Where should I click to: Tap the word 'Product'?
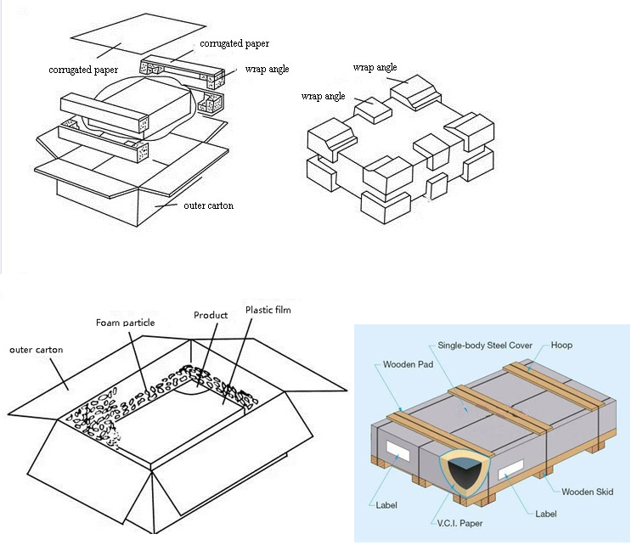click(x=211, y=315)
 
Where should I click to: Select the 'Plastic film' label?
click(x=268, y=310)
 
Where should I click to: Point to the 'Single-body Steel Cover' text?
click(x=485, y=346)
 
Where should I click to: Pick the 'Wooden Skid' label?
click(x=587, y=492)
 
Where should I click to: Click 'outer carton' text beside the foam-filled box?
click(x=36, y=349)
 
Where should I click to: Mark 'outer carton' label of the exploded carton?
click(x=208, y=205)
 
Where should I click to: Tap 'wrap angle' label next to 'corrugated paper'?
click(x=267, y=69)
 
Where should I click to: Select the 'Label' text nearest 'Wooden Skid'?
click(x=546, y=513)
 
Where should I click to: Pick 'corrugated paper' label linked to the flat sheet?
click(x=83, y=69)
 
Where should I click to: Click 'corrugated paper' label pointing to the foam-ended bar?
click(x=234, y=42)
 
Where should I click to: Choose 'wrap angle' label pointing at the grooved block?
click(x=375, y=67)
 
